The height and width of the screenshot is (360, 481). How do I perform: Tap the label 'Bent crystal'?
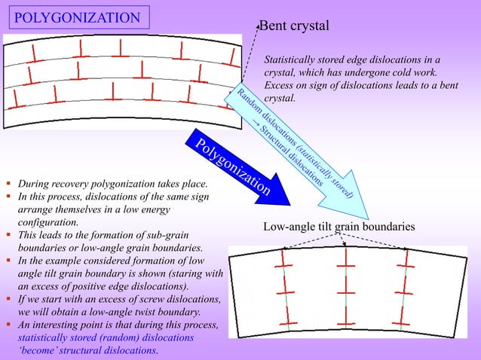tap(294, 26)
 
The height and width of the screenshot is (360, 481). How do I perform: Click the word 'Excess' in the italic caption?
tap(280, 86)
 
